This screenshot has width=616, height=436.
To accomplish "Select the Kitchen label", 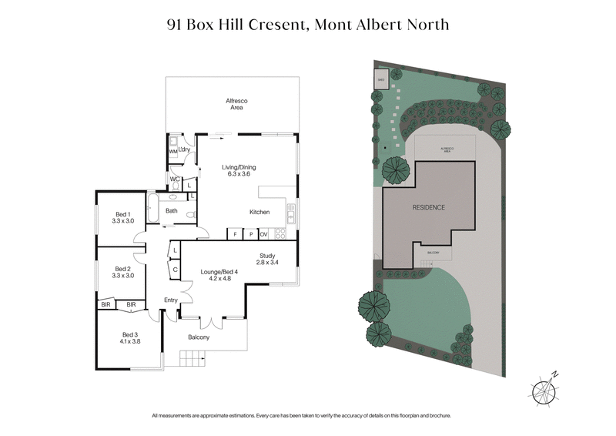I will tap(259, 212).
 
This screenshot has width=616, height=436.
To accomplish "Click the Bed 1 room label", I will tap(123, 217).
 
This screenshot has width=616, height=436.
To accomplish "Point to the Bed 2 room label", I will tap(123, 272).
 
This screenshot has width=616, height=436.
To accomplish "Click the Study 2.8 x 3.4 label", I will tap(268, 260).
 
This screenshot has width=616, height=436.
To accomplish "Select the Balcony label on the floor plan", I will tap(199, 337).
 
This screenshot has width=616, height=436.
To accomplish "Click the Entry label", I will tap(171, 300).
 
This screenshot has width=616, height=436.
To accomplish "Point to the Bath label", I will tap(172, 211).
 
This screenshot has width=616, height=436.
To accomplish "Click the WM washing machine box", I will tap(173, 152).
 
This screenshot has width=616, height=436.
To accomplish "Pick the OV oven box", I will tap(263, 233).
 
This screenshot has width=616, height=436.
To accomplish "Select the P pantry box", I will tap(249, 233).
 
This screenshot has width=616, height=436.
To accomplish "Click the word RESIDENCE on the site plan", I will tap(429, 208).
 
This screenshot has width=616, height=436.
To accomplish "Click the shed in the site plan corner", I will tap(380, 79).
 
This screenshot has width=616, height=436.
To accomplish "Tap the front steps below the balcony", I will tap(190, 358).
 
